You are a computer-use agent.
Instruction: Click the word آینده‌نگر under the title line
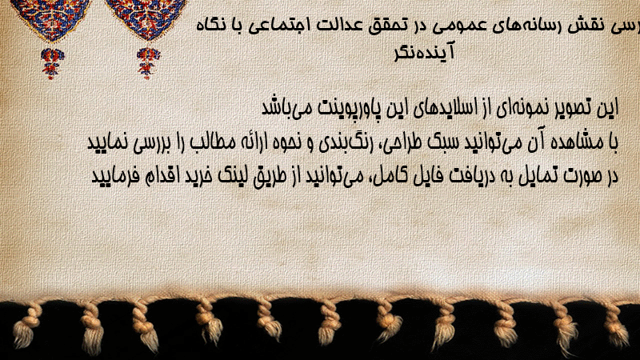(425, 52)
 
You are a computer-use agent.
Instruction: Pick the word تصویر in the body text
(574, 108)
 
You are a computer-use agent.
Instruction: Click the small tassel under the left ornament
(51, 63)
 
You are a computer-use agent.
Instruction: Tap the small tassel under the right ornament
(148, 63)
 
